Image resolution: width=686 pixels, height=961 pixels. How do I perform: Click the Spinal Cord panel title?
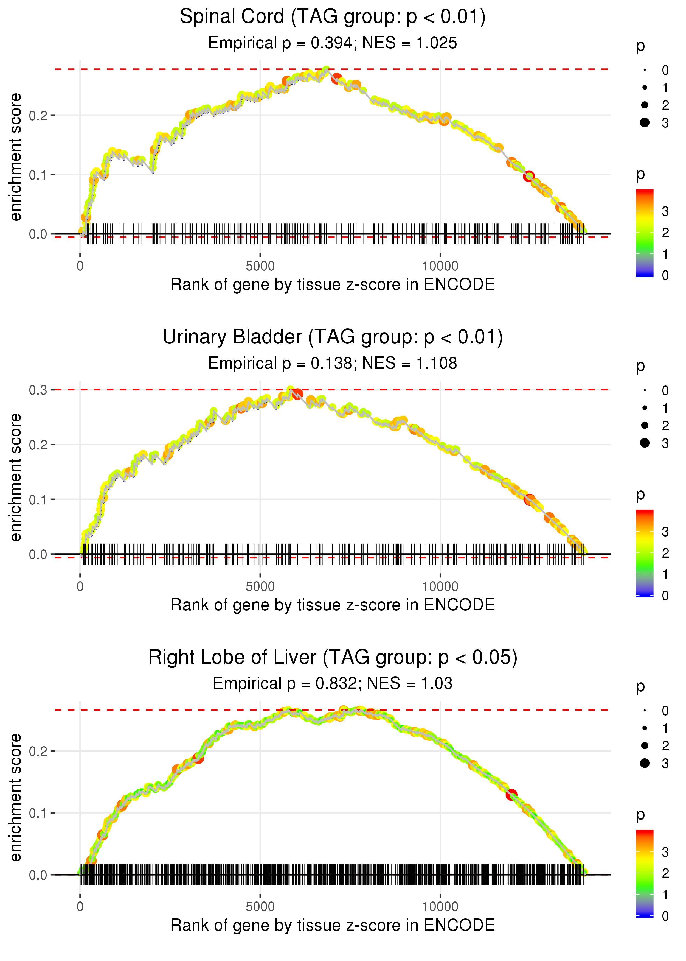pos(333,17)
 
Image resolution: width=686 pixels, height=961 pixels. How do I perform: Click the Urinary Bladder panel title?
pos(333,337)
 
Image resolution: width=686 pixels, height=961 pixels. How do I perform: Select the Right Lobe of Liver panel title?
pos(333,658)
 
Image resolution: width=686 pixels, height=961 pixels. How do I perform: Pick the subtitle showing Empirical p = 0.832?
pos(333,683)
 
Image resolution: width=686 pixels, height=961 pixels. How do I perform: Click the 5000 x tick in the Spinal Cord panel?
pos(260,266)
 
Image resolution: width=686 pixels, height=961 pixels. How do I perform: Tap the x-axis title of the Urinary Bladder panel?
pos(333,605)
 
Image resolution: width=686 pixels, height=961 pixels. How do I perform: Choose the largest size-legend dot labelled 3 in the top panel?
pos(645,122)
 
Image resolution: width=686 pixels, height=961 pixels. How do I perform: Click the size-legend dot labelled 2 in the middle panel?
pos(645,425)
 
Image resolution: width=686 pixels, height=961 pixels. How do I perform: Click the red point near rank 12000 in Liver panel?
pos(511,795)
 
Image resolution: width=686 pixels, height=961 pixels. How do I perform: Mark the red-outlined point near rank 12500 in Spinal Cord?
pos(528,176)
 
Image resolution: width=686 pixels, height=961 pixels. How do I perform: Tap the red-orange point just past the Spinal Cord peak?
pos(337,79)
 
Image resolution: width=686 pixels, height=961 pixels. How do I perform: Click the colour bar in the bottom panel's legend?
pos(644,873)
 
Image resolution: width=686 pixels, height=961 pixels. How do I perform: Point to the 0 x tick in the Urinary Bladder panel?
pos(80,586)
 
